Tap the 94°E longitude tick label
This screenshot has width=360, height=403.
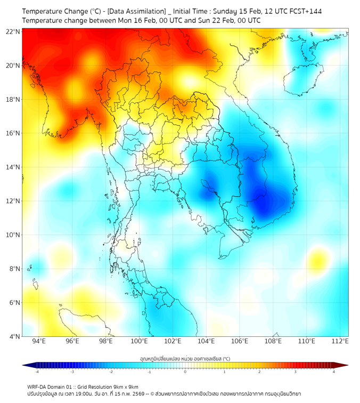39,341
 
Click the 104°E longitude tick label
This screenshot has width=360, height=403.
206,341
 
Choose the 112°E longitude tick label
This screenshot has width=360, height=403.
340,341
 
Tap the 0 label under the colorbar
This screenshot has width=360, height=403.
185,372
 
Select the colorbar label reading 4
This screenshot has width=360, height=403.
333,372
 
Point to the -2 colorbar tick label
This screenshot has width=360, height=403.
111,372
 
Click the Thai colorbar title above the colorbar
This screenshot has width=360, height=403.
185,359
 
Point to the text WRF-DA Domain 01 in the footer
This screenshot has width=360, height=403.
47,387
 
